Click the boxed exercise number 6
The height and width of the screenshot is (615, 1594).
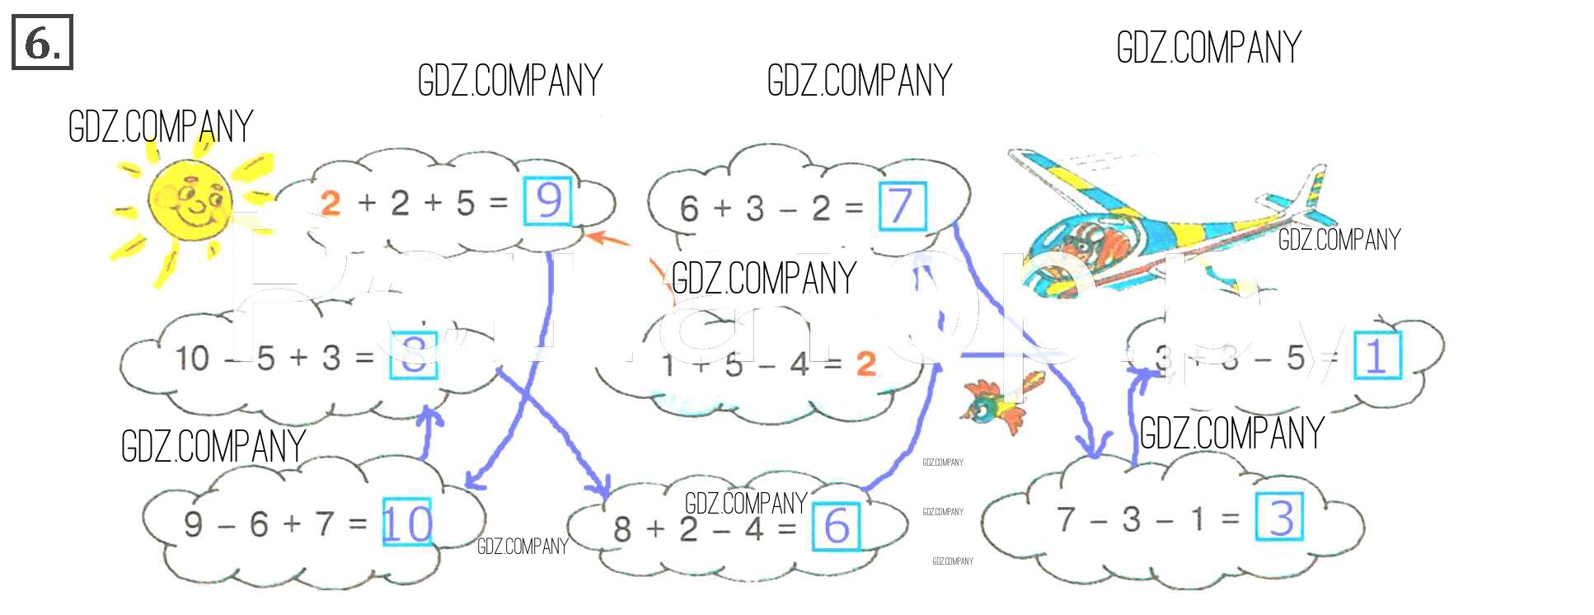coord(42,42)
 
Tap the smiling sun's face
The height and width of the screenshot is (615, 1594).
coord(190,201)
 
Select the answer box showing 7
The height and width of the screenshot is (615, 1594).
coord(902,206)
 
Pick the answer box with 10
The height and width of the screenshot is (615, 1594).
coord(406,522)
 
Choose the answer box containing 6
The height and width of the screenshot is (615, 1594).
coord(836,526)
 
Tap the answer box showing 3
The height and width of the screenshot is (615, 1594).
coord(1279,517)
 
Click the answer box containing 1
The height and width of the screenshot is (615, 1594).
coord(1377,356)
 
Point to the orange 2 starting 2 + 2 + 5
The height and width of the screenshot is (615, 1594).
coord(331,203)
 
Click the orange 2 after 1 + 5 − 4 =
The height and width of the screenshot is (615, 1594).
coord(865,364)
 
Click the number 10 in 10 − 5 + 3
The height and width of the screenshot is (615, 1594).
coord(192,359)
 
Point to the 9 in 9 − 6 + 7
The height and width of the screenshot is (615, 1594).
coord(193,523)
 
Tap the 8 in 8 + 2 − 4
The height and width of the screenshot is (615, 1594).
coord(622,529)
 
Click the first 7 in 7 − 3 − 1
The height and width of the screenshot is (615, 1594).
coord(1066,519)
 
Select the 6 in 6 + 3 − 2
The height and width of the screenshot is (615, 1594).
coord(689,209)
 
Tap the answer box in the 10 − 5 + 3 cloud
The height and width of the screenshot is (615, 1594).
coord(413,355)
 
